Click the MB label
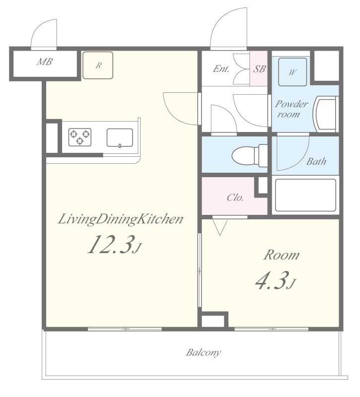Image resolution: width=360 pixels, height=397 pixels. tap(45, 62)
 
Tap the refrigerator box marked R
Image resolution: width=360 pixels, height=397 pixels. tap(98, 66)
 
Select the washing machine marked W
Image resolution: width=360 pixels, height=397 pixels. tap(292, 72)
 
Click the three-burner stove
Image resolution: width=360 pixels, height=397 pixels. tap(80, 137)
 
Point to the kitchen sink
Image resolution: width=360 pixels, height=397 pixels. tap(120, 138)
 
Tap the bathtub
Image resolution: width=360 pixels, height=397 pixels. tap(305, 195)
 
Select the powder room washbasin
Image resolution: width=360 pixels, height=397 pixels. tap(326, 114)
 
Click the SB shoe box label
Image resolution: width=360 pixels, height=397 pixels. tap(259, 68)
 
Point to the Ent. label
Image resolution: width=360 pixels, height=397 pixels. tap(221, 68)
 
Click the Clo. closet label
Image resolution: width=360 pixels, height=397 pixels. tap(235, 197)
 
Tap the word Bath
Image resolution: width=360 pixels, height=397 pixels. tap(316, 161)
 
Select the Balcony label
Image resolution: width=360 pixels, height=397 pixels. tap(204, 352)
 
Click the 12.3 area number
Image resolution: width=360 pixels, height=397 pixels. tap(110, 245)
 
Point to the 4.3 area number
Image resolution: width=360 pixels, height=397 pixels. tap(272, 280)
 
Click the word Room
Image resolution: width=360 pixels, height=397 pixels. tap(282, 255)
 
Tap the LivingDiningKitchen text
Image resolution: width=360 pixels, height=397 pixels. tap(121, 219)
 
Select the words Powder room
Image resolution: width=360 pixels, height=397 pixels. tap(291, 109)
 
